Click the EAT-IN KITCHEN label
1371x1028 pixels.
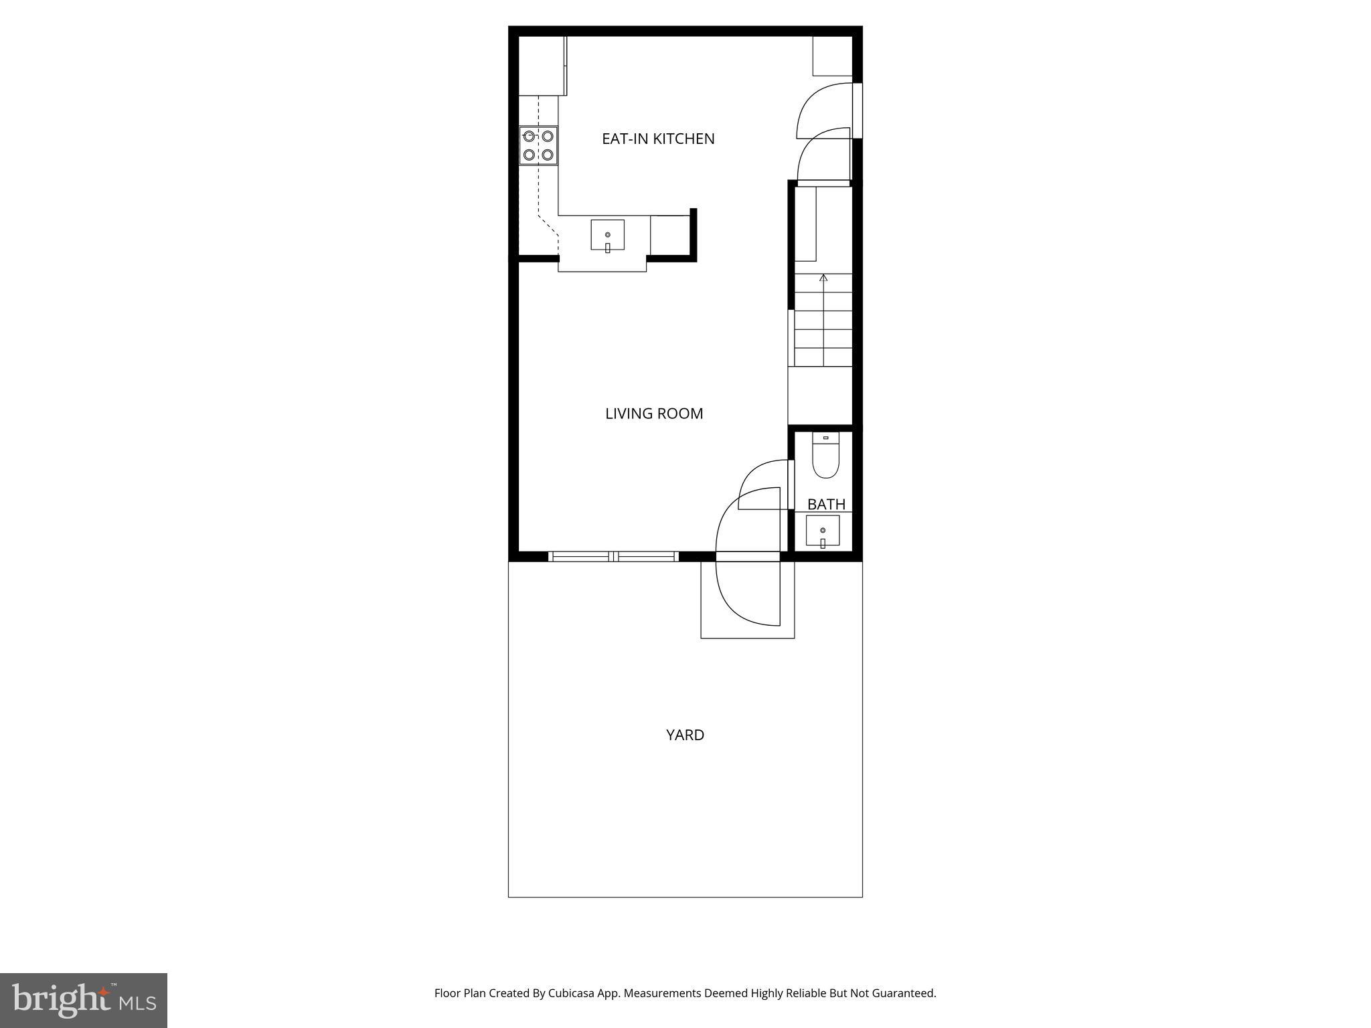[x=658, y=139]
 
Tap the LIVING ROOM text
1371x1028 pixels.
[x=654, y=414]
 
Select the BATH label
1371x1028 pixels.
[x=826, y=504]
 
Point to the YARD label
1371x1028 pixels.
[x=685, y=735]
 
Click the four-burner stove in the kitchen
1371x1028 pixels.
[x=538, y=145]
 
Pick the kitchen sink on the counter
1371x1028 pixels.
[x=607, y=235]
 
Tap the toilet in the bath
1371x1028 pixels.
[x=825, y=457]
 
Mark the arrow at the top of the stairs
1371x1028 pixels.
[x=824, y=277]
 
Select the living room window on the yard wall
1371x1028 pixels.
[x=613, y=556]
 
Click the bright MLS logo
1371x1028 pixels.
[x=84, y=1000]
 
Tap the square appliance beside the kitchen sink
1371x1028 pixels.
[x=670, y=235]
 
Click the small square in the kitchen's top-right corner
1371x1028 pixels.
[x=832, y=56]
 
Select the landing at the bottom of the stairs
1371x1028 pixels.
[x=820, y=395]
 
